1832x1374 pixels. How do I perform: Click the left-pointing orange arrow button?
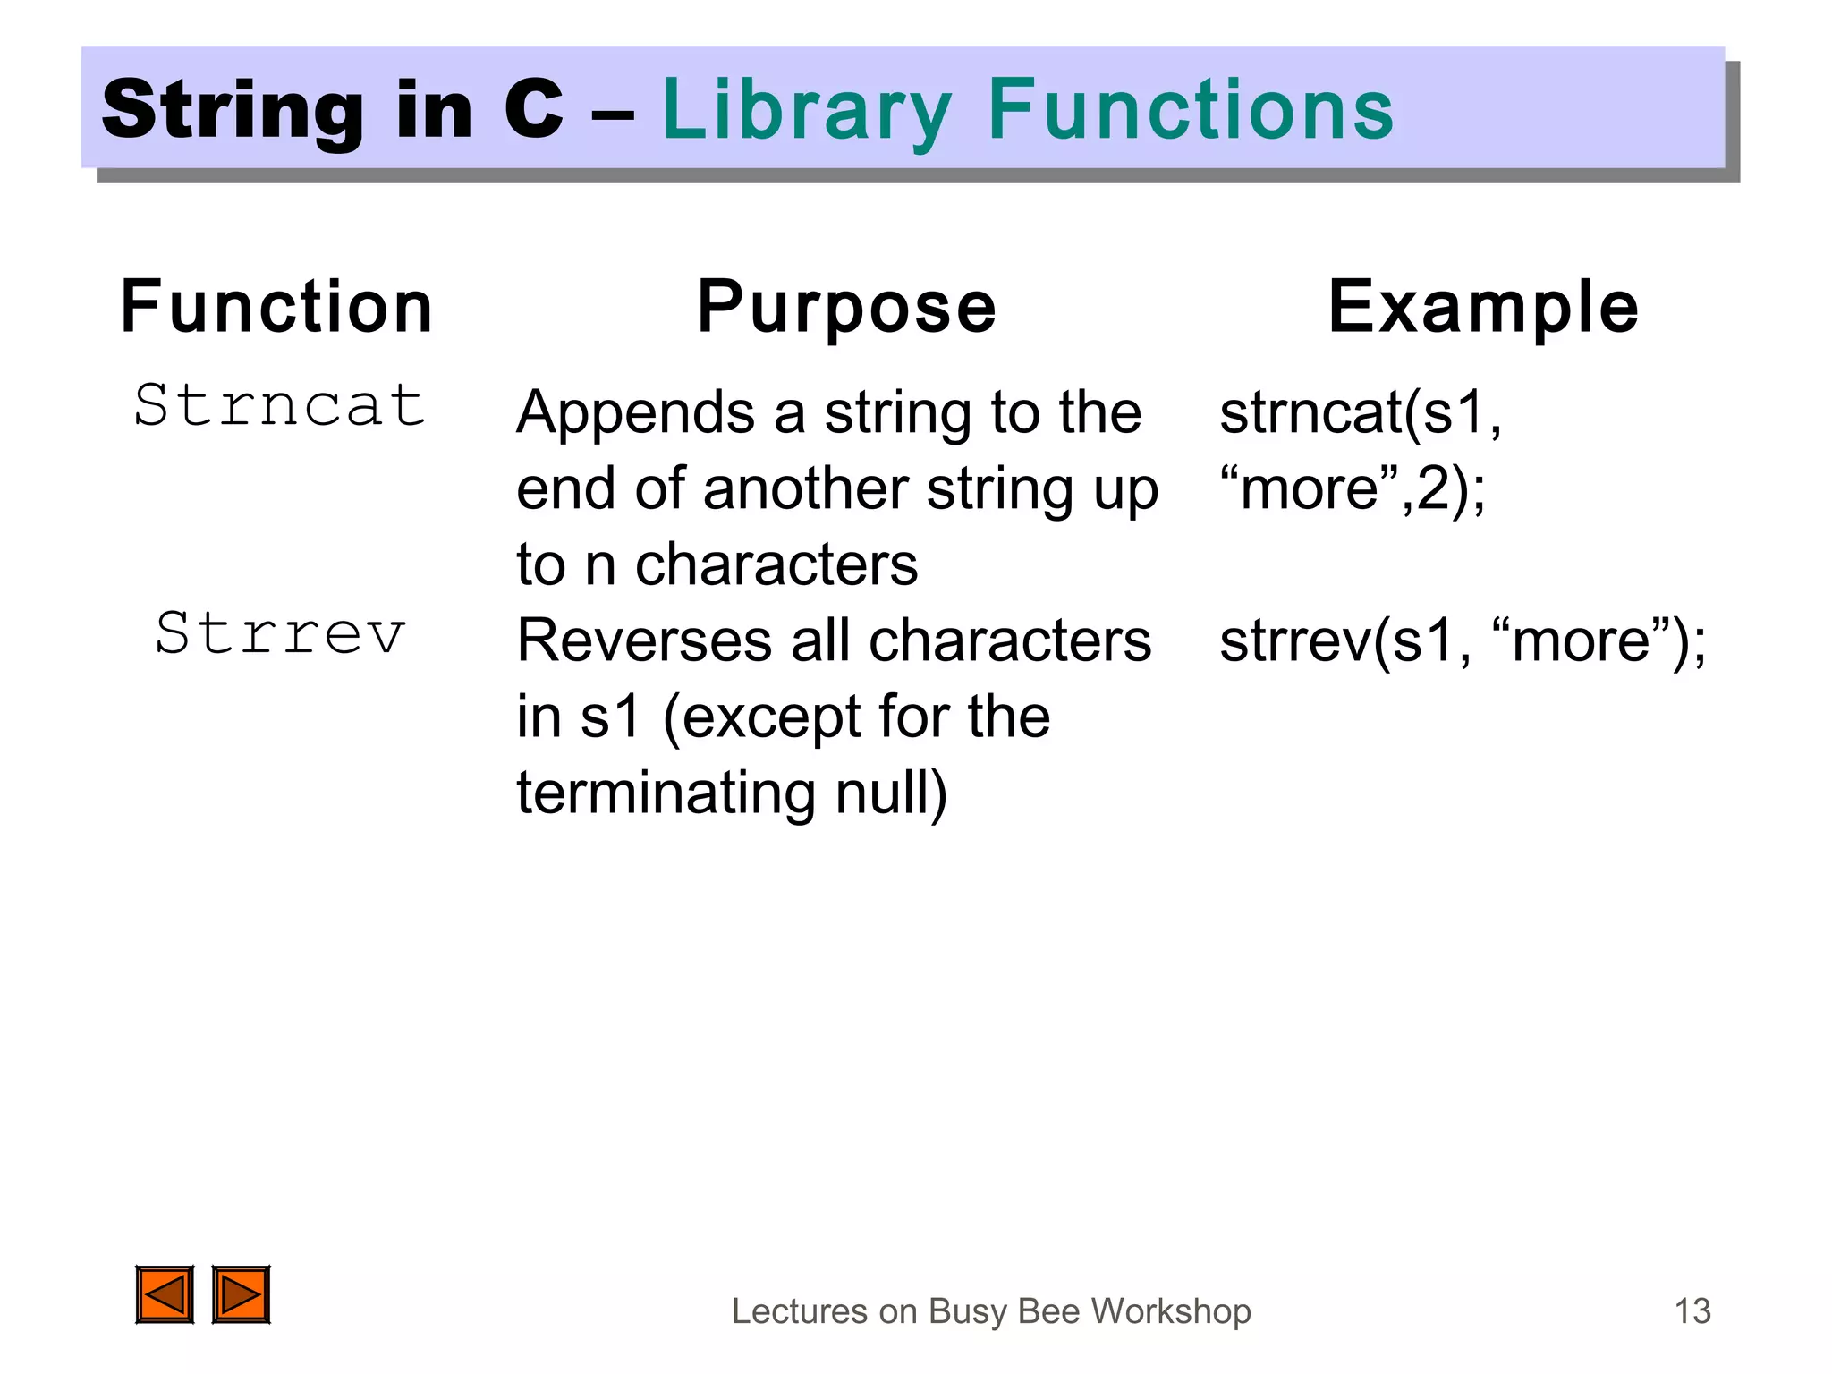point(165,1294)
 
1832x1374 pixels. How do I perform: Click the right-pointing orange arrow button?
point(241,1294)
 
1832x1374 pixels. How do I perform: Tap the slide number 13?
point(1692,1311)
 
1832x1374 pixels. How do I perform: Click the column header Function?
point(276,308)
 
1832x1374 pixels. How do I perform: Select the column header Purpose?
point(846,308)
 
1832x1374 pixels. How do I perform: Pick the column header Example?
point(1482,308)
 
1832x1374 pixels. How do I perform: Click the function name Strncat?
point(279,405)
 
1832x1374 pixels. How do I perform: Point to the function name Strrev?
point(280,633)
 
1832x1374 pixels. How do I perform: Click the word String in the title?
point(233,111)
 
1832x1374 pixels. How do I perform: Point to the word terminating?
point(666,794)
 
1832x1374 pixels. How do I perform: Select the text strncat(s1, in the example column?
point(1360,413)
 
